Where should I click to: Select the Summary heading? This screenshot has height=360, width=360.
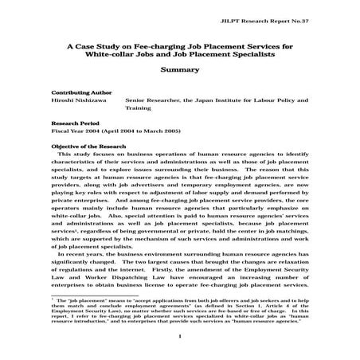pos(179,70)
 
